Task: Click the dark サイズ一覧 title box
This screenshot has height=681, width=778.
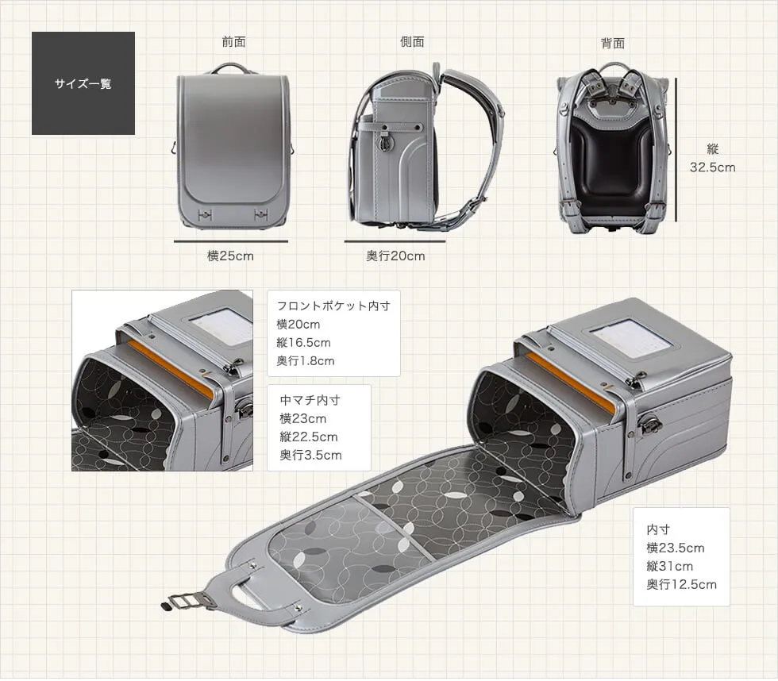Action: tap(83, 83)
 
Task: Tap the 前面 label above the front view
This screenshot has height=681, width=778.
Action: tap(233, 42)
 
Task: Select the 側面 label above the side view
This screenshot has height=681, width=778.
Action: tap(412, 42)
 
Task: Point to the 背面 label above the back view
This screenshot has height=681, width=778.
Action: tap(612, 43)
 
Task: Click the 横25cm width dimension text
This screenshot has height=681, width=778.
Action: tap(230, 256)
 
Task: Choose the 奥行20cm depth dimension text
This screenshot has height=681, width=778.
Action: tap(395, 256)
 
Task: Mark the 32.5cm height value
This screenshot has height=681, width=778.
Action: tap(712, 167)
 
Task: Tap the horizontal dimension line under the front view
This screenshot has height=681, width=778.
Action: tap(230, 240)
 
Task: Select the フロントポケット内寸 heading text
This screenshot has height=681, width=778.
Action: tap(333, 306)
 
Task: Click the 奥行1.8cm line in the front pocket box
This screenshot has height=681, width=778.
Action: tap(306, 360)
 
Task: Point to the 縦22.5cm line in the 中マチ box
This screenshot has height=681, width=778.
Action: tap(308, 437)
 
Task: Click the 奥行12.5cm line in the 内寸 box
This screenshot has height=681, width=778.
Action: tap(681, 584)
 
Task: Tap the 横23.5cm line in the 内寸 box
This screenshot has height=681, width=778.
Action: tap(675, 548)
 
